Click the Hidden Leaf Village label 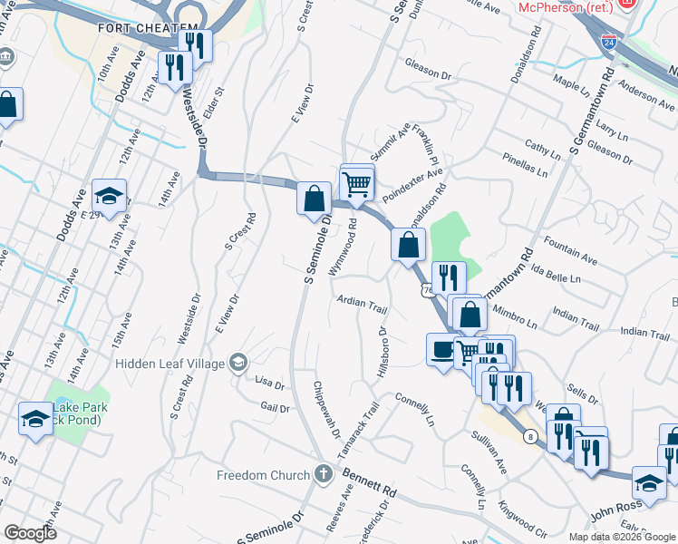(x=172, y=364)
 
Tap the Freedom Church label (x=264, y=475)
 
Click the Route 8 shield (x=530, y=437)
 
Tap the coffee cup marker (x=441, y=351)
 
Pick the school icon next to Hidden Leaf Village (x=238, y=364)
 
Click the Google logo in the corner (x=30, y=533)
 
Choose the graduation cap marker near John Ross (x=649, y=482)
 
